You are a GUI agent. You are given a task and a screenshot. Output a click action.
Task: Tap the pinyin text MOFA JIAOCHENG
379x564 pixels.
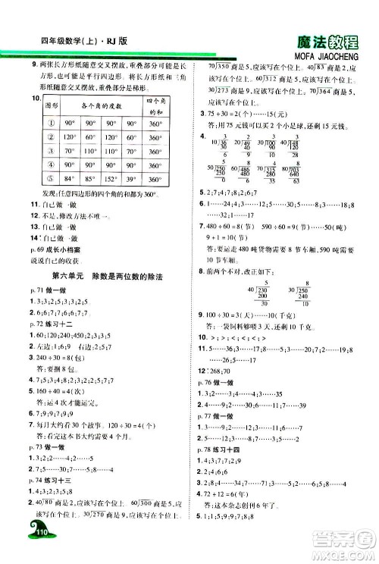click(324, 57)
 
